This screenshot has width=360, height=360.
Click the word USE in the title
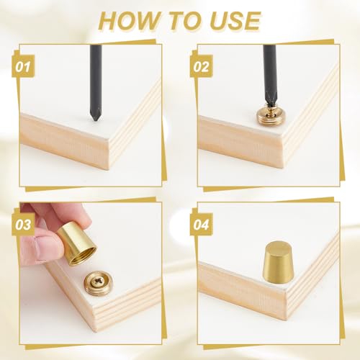coord(235,21)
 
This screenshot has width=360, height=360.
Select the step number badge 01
coord(23,66)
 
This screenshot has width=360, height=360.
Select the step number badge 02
coord(201,66)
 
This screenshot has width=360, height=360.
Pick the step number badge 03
coord(23,225)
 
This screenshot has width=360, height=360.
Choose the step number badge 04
coord(201,225)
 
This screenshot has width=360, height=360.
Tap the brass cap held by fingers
coord(77,243)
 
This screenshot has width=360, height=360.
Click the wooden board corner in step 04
coord(287,292)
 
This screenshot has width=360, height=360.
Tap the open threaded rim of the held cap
coord(83,257)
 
